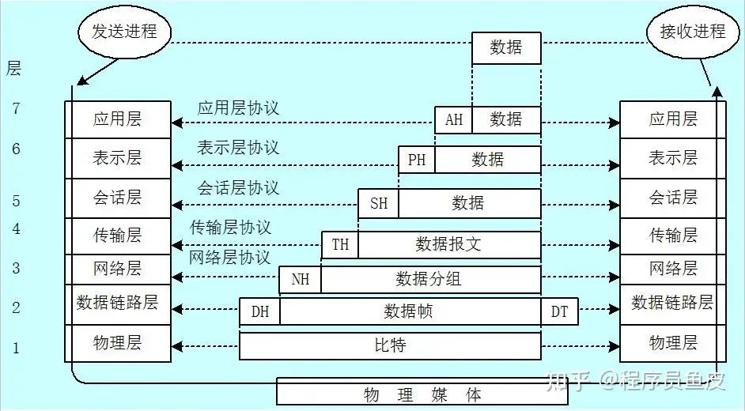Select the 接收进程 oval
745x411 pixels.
[692, 32]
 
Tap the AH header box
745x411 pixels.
[453, 120]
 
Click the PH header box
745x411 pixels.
[417, 160]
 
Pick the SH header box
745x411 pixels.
[379, 203]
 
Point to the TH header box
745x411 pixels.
[340, 244]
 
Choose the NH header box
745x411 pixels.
[301, 279]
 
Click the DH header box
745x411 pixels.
[260, 311]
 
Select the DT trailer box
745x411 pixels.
[559, 311]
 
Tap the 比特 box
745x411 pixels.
[390, 345]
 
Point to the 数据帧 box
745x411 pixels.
[409, 311]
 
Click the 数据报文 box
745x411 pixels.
[448, 244]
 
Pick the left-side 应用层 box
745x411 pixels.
[118, 120]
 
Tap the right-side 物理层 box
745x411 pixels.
[672, 343]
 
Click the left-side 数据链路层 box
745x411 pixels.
[118, 303]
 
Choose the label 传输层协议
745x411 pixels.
[230, 228]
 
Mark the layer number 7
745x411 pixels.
[16, 109]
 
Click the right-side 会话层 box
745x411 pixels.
[672, 198]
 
